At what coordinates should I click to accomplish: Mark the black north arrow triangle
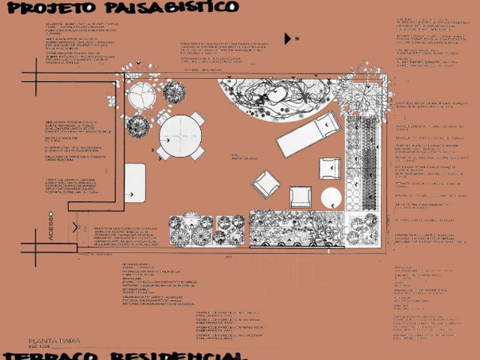click(x=289, y=38)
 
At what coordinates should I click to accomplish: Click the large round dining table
click(x=181, y=135)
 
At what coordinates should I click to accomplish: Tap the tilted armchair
click(x=265, y=184)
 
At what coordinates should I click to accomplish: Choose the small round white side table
click(x=331, y=198)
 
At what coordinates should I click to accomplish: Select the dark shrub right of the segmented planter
click(x=174, y=93)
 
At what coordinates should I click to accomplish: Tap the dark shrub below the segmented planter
click(x=137, y=124)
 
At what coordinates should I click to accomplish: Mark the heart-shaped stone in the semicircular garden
click(x=274, y=94)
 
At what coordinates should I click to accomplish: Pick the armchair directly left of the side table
click(x=301, y=196)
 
